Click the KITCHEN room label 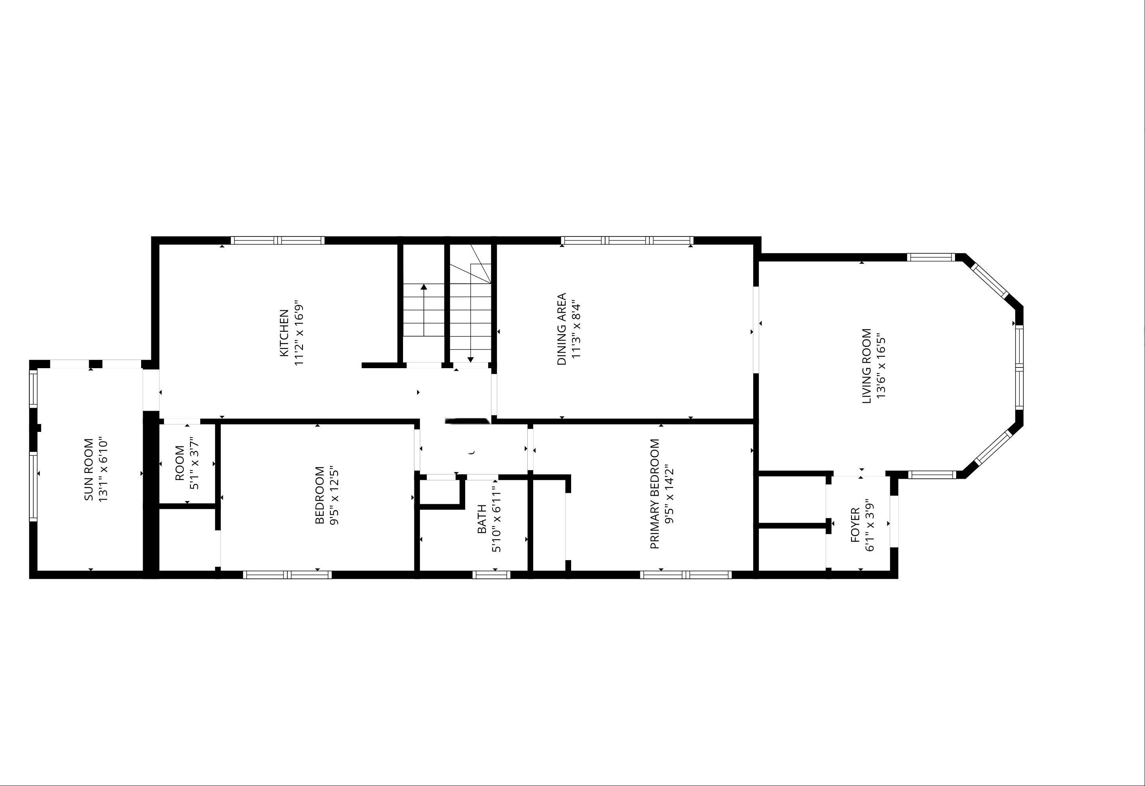284,333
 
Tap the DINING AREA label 561,329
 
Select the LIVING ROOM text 867,366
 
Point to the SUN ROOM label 89,470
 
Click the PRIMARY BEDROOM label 655,494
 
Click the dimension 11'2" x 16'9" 299,333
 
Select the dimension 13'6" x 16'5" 882,366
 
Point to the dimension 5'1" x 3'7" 195,464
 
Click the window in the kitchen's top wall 278,240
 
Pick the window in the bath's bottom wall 491,574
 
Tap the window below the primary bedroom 686,574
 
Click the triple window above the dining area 627,240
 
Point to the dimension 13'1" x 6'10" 104,470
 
